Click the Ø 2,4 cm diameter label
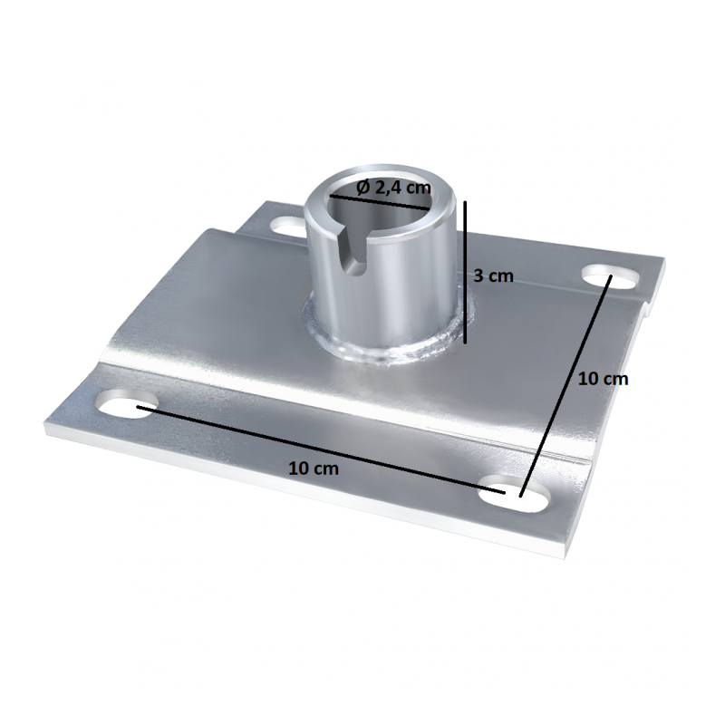(x=394, y=188)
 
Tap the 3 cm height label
(x=493, y=276)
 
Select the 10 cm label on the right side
(x=604, y=379)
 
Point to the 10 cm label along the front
(x=314, y=469)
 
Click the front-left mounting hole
(x=126, y=404)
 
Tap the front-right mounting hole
(x=514, y=493)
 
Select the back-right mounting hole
(x=611, y=276)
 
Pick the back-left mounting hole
(x=288, y=225)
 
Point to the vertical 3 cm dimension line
(x=465, y=273)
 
